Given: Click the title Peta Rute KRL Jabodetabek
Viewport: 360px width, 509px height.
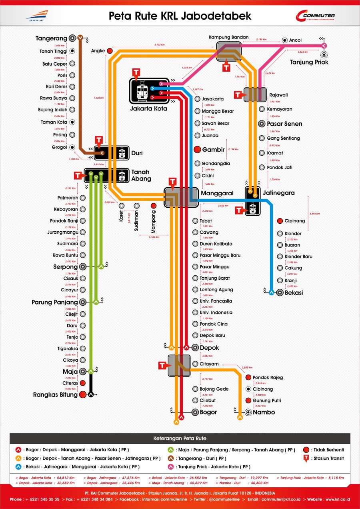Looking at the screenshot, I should tap(180, 16).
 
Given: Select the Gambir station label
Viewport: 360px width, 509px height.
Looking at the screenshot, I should tap(213, 150).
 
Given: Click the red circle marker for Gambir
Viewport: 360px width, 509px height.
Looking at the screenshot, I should tap(197, 150).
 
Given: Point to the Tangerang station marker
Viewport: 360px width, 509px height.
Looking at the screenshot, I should tap(72, 38).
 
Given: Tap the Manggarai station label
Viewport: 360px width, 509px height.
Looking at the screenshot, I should tap(217, 193).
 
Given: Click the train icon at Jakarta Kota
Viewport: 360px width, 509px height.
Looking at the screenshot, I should tap(142, 91).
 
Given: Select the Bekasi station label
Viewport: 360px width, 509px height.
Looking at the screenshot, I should tap(294, 293).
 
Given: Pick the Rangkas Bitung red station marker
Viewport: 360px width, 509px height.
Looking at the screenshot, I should tap(83, 395).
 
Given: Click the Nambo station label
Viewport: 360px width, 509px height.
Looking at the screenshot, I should tap(264, 412).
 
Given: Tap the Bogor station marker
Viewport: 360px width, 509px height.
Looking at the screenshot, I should tap(195, 412).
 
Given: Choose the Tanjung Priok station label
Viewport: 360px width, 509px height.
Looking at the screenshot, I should tap(309, 62).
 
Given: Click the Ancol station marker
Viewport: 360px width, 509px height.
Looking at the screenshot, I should tap(284, 40).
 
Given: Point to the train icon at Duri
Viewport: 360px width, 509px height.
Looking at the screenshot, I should tap(122, 153).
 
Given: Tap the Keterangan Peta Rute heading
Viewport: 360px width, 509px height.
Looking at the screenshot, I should tap(180, 438).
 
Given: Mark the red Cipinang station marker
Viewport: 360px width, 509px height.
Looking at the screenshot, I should tap(280, 221).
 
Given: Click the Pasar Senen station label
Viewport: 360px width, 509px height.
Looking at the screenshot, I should tap(284, 124).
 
